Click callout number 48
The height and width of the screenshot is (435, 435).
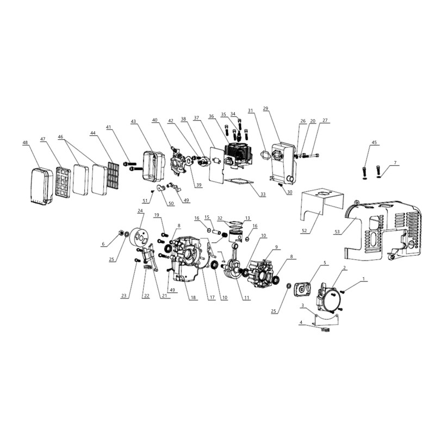pyautogui.click(x=25, y=143)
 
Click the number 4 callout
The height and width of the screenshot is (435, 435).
pyautogui.click(x=301, y=322)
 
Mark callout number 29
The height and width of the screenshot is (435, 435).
pyautogui.click(x=266, y=109)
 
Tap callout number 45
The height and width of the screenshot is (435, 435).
pyautogui.click(x=374, y=143)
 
